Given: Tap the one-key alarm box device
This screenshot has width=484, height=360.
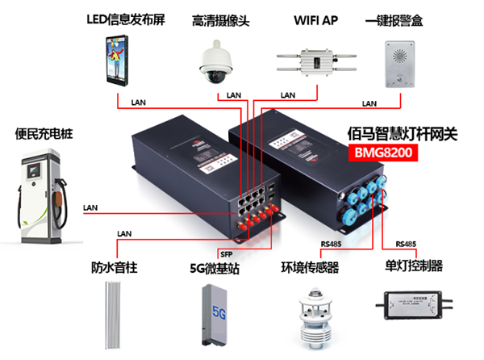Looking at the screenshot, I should [401, 60].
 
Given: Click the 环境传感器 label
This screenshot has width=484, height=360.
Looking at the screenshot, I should [310, 266].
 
